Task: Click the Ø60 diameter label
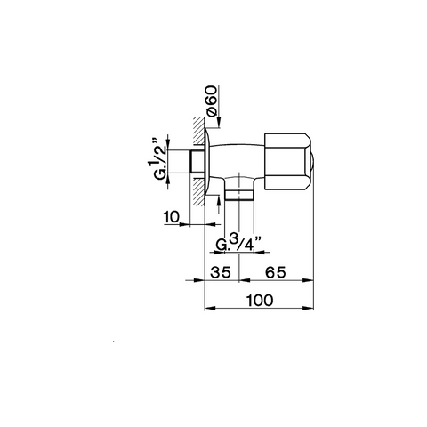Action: point(213,101)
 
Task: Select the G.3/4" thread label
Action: point(238,243)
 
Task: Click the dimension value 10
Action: point(172,217)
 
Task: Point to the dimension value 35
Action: point(221,272)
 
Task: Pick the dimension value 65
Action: point(276,272)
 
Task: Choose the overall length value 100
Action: point(260,301)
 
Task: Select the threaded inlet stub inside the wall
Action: point(197,162)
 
